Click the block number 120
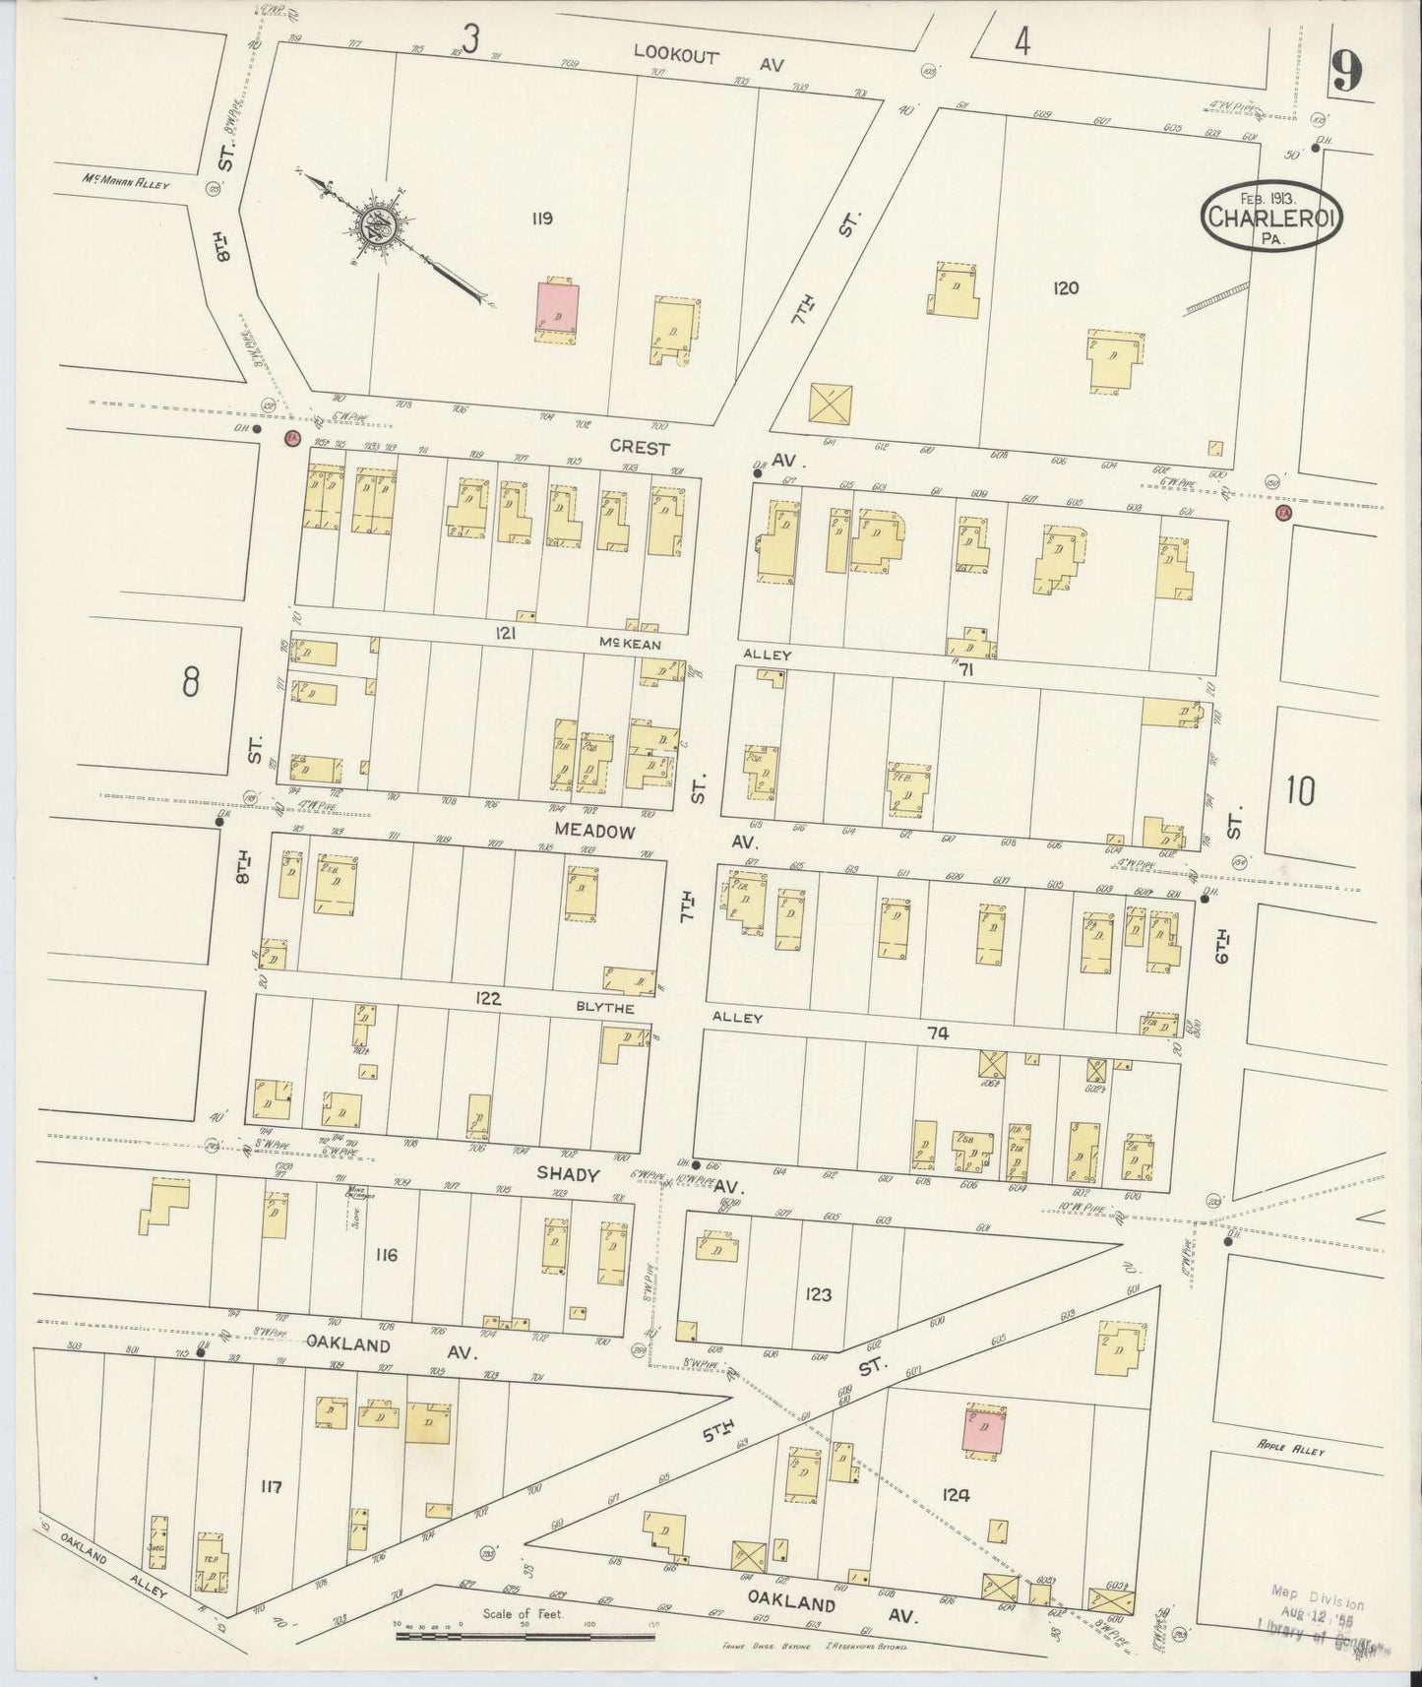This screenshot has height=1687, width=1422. click(1065, 288)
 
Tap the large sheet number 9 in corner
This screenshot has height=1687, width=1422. click(1347, 72)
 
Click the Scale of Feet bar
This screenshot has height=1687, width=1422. click(525, 1637)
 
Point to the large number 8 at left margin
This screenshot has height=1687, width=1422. click(191, 681)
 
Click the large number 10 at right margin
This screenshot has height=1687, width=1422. click(1299, 790)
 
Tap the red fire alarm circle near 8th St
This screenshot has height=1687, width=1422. click(291, 438)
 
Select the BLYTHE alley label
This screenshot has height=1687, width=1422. click(612, 1009)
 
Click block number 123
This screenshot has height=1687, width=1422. click(817, 1294)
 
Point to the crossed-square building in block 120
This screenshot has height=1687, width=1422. click(831, 404)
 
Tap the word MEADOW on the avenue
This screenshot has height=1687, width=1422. click(590, 830)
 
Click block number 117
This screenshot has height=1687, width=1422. click(270, 1487)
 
